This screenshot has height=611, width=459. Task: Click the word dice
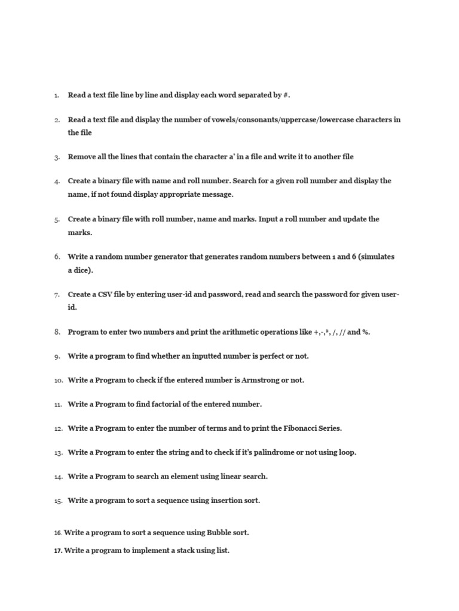(x=82, y=270)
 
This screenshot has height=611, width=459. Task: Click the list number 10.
(x=58, y=381)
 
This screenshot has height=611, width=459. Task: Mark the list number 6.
(x=57, y=257)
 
